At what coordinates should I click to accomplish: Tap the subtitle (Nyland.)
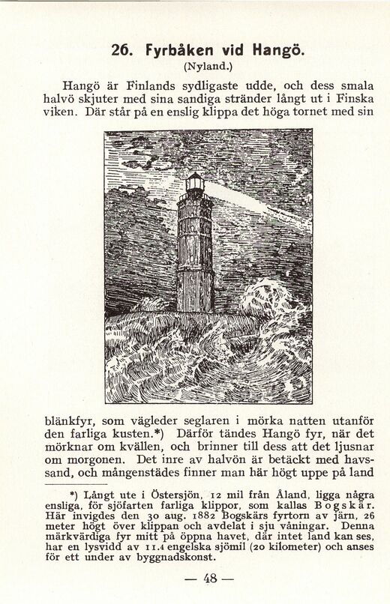pyautogui.click(x=194, y=66)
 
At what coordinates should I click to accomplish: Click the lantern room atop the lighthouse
pyautogui.click(x=195, y=182)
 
